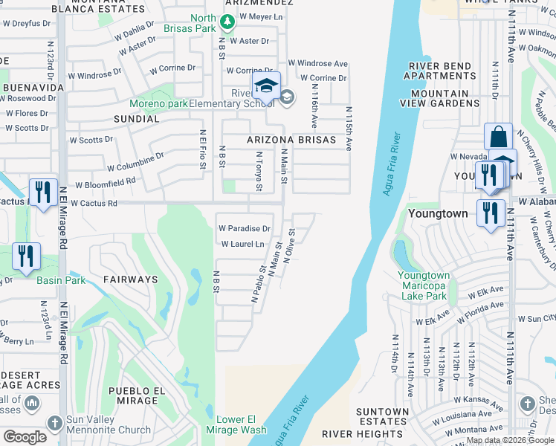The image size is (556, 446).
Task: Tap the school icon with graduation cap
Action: (x=265, y=87)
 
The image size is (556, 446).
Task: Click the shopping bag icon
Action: (x=498, y=137)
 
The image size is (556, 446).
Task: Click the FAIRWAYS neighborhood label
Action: (x=130, y=279)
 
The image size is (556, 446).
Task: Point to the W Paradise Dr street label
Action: (x=244, y=228)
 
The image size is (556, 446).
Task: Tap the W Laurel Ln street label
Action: (x=242, y=244)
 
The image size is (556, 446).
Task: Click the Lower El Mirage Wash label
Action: (x=241, y=424)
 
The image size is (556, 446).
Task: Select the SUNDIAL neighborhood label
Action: (x=136, y=118)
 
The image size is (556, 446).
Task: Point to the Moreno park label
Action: (x=158, y=103)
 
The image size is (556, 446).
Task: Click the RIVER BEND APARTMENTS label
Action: (x=439, y=71)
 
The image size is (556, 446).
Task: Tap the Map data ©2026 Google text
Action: (x=509, y=440)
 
